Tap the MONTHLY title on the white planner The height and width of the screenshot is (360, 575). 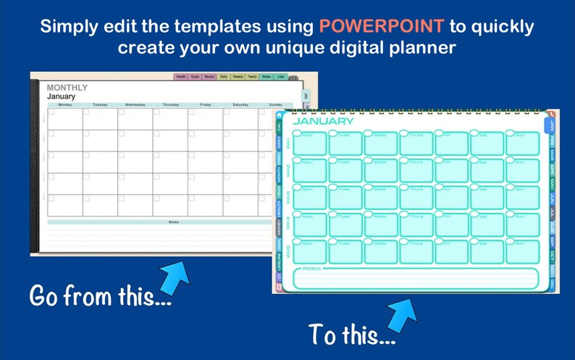(67, 88)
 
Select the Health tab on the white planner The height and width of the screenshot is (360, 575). (180, 76)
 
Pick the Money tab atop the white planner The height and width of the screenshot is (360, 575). (209, 76)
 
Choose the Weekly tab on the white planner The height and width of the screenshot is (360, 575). (238, 76)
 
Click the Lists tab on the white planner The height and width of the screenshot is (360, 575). (281, 76)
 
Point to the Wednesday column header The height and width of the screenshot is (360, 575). (135, 104)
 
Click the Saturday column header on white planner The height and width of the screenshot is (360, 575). (240, 104)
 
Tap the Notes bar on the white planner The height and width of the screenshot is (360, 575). (173, 222)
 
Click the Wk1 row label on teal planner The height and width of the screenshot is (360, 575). (287, 143)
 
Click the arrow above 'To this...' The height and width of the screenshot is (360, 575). (403, 309)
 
